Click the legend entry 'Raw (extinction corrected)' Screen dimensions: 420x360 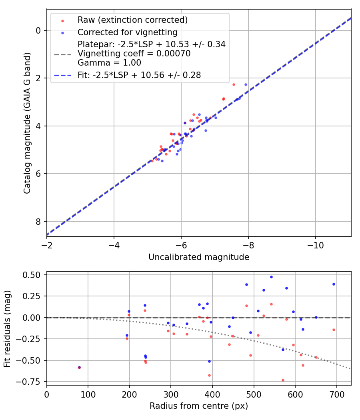click(x=132, y=20)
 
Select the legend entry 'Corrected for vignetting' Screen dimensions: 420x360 click(x=127, y=32)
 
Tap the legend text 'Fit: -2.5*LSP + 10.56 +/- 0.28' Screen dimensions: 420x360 click(x=139, y=74)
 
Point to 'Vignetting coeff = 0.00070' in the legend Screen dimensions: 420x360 click(x=134, y=54)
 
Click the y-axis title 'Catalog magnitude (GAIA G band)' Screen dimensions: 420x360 click(x=27, y=122)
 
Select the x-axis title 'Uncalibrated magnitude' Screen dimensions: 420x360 click(x=199, y=257)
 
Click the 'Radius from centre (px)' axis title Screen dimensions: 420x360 click(x=199, y=406)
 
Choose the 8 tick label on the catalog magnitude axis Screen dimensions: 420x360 click(x=38, y=222)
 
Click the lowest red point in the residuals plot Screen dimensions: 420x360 click(x=283, y=380)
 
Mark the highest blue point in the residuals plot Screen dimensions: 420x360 click(x=271, y=277)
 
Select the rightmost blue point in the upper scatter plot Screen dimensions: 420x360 click(x=246, y=84)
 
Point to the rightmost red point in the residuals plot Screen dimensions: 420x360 click(x=334, y=330)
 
